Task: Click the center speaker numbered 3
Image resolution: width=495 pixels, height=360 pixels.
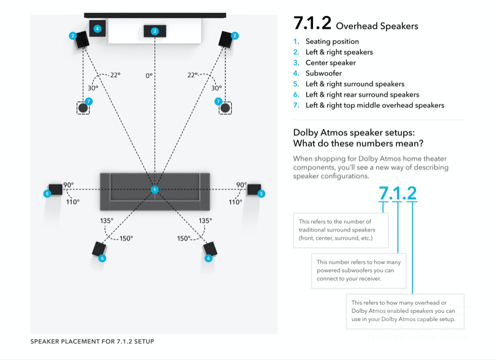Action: [154, 31]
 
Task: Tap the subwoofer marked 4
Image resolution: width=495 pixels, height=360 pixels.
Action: [97, 29]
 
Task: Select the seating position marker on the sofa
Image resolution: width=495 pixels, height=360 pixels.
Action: [154, 190]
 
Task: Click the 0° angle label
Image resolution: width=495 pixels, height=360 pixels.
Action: [149, 76]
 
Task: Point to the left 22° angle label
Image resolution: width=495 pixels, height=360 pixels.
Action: [115, 75]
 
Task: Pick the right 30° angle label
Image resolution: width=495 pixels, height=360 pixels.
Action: [216, 88]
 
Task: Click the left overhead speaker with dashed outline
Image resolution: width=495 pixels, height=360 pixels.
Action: [83, 107]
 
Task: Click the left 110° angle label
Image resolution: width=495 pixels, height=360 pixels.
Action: [74, 201]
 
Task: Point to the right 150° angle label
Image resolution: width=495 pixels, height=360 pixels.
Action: [184, 238]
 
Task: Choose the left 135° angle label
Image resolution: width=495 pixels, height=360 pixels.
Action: [107, 220]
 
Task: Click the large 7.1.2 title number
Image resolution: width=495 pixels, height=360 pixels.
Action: [312, 23]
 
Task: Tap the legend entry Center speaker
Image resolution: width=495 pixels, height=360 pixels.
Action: [330, 62]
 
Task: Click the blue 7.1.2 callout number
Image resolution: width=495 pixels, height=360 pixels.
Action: [398, 193]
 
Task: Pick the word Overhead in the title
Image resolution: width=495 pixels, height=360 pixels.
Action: [358, 26]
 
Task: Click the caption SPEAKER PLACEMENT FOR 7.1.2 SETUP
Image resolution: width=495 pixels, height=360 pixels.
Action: [92, 342]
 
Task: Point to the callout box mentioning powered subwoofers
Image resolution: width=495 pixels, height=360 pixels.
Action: [358, 270]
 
